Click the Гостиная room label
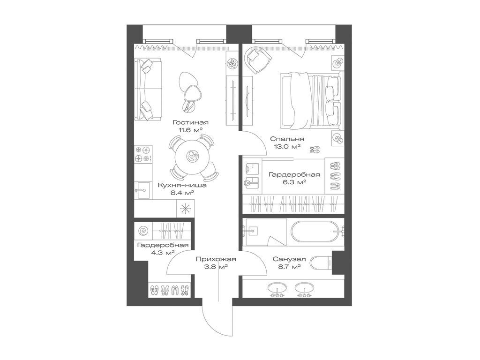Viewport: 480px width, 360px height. coord(190,122)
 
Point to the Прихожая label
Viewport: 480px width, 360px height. coord(216,259)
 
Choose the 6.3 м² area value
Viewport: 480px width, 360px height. coord(294,182)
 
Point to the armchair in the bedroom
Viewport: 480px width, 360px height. coord(258,59)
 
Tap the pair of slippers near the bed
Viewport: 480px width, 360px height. coord(315,149)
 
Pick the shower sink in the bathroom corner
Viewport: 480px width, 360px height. coord(254,230)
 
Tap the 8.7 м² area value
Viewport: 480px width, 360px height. coord(289,267)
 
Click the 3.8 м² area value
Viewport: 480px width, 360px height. coord(216,267)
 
